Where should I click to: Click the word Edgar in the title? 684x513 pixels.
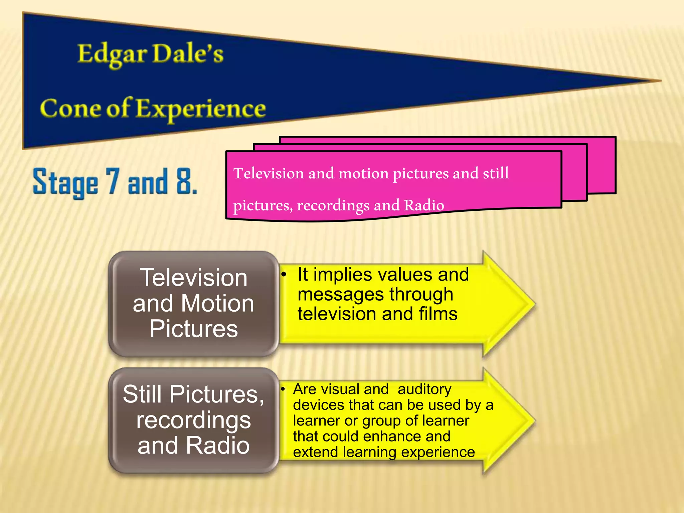[112, 54]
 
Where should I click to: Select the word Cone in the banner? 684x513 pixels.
[70, 108]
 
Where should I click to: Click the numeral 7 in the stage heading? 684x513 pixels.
[113, 181]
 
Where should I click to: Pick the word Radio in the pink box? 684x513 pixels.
[424, 205]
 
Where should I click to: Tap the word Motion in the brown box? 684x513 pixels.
[217, 304]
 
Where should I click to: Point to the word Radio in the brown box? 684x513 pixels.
[217, 446]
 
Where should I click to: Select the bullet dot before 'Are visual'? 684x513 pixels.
[283, 389]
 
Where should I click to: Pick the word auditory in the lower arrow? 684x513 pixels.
[424, 389]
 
